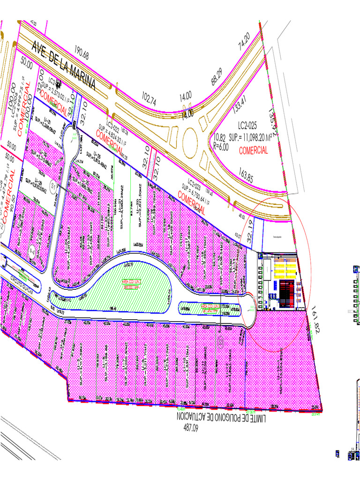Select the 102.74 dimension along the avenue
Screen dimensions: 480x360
[x=148, y=98]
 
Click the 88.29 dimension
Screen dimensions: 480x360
[x=216, y=76]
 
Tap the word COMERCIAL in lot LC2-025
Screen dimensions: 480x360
[x=254, y=151]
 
